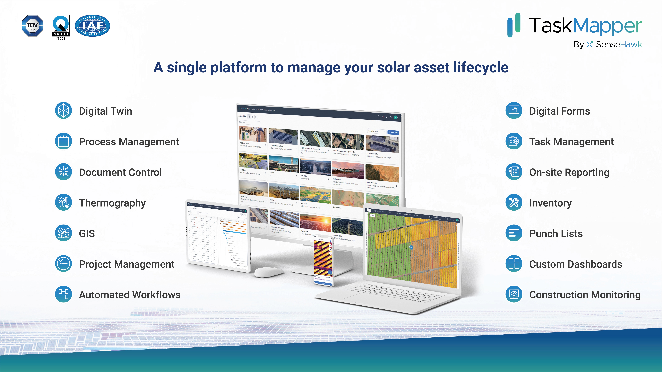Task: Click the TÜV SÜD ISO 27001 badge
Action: tap(32, 26)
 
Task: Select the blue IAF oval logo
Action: tap(92, 26)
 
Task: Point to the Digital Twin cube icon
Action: tap(63, 111)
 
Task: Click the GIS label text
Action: tap(87, 234)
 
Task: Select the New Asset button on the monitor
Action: tap(393, 132)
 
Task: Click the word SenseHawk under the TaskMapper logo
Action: tap(619, 45)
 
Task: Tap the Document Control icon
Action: tap(63, 172)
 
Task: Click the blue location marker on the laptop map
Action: tap(411, 247)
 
